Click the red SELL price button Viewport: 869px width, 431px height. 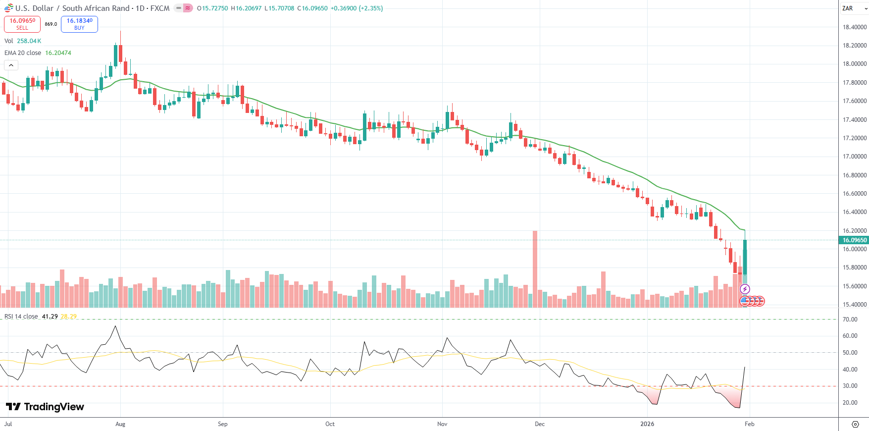click(22, 24)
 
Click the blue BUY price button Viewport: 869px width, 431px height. click(79, 24)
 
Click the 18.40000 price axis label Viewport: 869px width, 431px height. click(855, 27)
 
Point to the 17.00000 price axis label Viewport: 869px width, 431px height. click(855, 157)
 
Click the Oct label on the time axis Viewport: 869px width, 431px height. click(330, 424)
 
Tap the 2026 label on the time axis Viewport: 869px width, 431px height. click(647, 424)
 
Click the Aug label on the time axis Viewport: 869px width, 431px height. click(120, 424)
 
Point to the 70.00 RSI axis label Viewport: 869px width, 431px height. click(850, 320)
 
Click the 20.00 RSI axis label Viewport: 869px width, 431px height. click(850, 403)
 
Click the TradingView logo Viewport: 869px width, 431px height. click(45, 407)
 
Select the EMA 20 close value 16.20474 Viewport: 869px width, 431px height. click(58, 53)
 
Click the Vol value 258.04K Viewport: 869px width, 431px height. click(29, 41)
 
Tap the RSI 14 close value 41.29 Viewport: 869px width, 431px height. click(50, 317)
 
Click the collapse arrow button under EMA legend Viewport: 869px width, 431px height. click(11, 65)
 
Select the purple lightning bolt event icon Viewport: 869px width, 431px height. click(745, 289)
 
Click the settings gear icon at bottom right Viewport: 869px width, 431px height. click(855, 424)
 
